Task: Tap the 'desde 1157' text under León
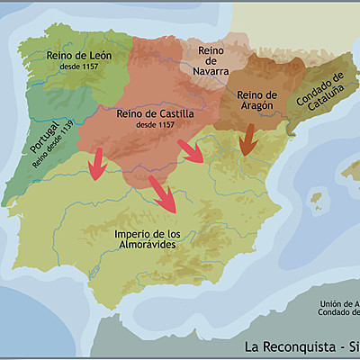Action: tap(78, 67)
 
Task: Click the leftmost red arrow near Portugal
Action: tap(97, 162)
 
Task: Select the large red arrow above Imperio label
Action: tap(163, 193)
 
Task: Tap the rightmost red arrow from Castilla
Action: tap(193, 149)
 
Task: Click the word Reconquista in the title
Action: tap(300, 346)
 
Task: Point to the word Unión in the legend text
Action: tap(332, 302)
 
